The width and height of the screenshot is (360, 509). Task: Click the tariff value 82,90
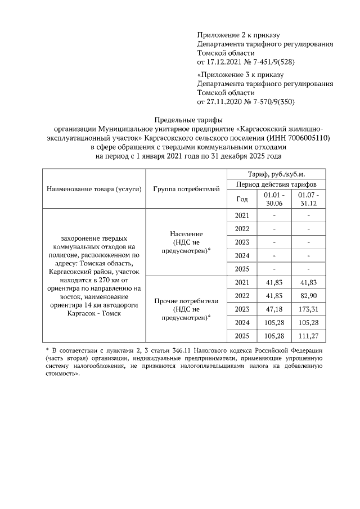coord(309,295)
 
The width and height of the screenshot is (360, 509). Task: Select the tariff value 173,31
coord(309,309)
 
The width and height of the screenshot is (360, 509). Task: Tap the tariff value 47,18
coord(273,309)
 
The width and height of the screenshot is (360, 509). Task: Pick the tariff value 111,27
coord(309,336)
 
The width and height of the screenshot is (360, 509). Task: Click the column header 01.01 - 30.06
coord(273,199)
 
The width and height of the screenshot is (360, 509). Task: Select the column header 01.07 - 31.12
coord(309,199)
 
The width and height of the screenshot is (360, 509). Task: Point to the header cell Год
coord(241,199)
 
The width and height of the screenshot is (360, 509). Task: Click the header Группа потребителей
coord(186,188)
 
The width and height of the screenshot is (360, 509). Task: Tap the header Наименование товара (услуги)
coord(94,188)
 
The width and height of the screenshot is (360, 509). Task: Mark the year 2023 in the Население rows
coord(241,242)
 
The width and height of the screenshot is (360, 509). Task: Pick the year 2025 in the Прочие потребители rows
coord(241,336)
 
